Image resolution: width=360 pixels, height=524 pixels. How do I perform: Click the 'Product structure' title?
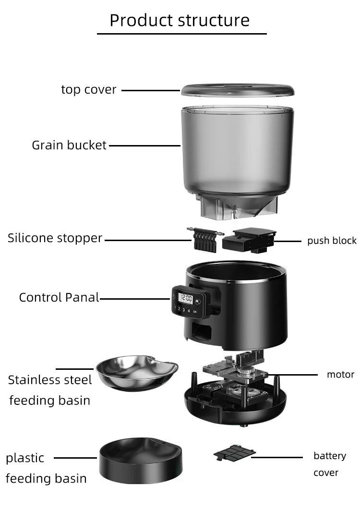tap(180, 20)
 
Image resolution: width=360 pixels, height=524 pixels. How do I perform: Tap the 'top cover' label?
tap(89, 90)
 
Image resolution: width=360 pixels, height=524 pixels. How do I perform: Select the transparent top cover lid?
tap(237, 90)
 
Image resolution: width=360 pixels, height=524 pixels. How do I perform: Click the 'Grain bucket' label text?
tap(69, 145)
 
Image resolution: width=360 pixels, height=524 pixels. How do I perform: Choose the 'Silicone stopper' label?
tap(55, 238)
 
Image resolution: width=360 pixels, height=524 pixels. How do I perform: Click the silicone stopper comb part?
tap(204, 238)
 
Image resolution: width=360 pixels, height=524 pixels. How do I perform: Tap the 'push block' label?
tap(332, 241)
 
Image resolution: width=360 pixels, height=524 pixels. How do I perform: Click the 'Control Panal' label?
tap(59, 298)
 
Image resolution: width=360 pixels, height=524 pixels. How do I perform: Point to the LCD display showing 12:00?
tap(185, 298)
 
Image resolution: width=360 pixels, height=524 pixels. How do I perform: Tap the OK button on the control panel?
tap(195, 311)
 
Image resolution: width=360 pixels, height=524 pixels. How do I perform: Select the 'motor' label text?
tap(340, 375)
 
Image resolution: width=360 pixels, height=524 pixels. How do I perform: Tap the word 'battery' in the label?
tap(330, 456)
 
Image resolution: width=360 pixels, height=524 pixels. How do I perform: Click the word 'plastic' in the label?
tap(25, 458)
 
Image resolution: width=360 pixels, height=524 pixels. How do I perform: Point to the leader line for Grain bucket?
tap(144, 145)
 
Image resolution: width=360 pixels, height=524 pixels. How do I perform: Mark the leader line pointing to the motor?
tap(293, 375)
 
